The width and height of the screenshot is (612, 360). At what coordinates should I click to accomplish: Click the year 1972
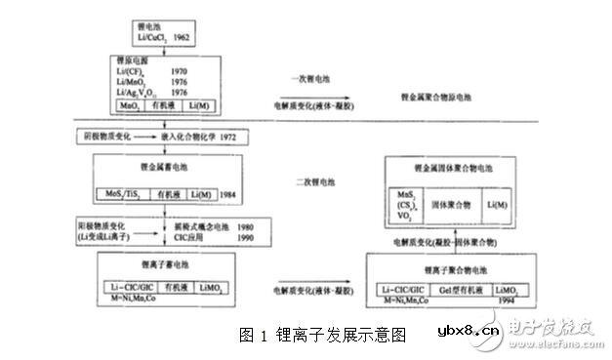pyautogui.click(x=235, y=137)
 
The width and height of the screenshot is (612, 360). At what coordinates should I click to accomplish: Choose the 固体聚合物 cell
pyautogui.click(x=452, y=204)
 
